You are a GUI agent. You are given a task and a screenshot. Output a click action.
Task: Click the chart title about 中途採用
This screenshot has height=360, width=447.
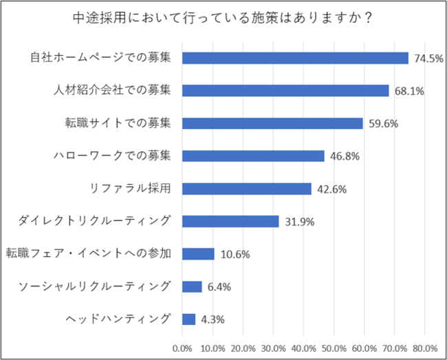click(223, 19)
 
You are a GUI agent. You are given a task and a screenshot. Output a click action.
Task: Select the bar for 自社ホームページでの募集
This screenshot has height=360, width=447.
click(295, 58)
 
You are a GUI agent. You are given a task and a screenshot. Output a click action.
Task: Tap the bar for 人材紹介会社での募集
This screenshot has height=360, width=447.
click(285, 91)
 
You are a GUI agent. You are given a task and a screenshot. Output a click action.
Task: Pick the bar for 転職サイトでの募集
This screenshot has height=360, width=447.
click(272, 123)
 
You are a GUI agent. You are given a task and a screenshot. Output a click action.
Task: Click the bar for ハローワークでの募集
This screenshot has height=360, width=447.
click(253, 156)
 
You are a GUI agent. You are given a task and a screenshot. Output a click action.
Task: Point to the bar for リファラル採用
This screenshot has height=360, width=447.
click(247, 188)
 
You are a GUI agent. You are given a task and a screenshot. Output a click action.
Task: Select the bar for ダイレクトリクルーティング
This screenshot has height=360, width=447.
click(230, 221)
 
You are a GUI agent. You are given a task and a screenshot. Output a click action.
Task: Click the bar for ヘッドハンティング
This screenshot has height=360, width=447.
click(188, 319)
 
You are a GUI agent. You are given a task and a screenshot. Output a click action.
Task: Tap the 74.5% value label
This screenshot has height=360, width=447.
click(428, 58)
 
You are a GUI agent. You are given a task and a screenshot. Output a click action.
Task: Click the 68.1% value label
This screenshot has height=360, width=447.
click(408, 91)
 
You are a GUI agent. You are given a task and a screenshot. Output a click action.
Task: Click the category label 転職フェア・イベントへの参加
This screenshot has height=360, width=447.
click(87, 254)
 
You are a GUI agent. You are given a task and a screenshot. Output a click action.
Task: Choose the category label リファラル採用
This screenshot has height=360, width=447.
click(130, 188)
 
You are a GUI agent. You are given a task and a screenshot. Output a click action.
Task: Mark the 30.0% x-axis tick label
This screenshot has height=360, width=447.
click(274, 347)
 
